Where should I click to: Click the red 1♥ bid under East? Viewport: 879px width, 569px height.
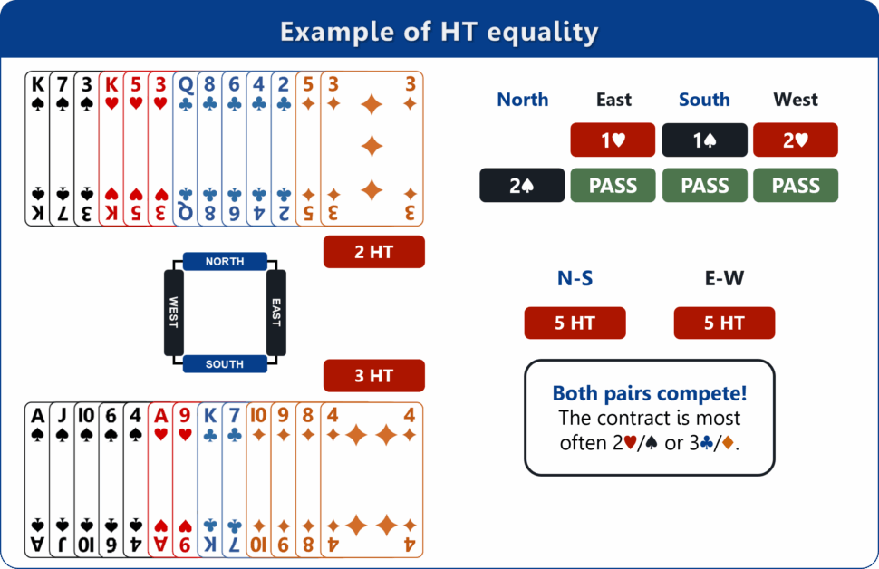(613, 140)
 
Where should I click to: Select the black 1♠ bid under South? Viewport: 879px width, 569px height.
(704, 140)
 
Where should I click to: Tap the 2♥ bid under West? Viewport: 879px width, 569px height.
(796, 140)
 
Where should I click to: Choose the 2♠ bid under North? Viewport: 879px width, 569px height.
(522, 185)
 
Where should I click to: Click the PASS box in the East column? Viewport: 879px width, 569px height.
(613, 185)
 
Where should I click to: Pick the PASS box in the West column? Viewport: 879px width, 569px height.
(796, 185)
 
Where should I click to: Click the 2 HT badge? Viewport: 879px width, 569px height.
(373, 252)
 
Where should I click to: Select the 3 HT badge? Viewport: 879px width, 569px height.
(373, 375)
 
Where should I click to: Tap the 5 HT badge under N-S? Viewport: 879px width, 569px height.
(575, 323)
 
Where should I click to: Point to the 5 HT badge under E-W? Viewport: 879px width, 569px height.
(724, 323)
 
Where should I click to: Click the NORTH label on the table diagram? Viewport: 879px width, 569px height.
(225, 262)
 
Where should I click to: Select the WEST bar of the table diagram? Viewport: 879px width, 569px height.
(174, 313)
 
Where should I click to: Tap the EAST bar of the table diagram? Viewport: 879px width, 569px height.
(276, 313)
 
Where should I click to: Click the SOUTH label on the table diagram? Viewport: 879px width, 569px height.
(225, 364)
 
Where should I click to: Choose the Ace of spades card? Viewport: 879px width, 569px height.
(36, 479)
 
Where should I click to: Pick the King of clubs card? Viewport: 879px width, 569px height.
(209, 479)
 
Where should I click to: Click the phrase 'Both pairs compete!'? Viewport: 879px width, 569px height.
(649, 394)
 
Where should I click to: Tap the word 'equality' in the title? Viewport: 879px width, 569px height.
(543, 33)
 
